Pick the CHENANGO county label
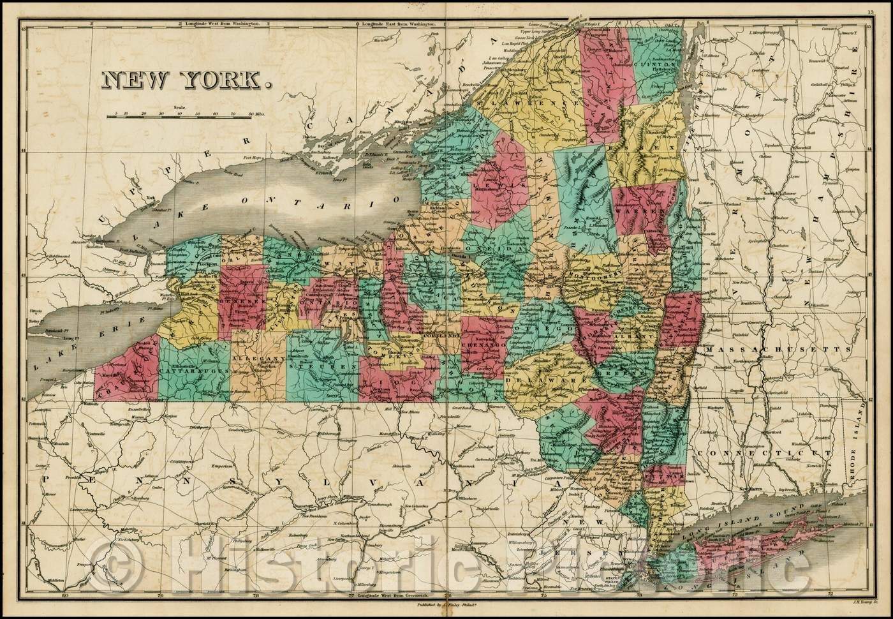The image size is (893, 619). click(483, 344)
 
